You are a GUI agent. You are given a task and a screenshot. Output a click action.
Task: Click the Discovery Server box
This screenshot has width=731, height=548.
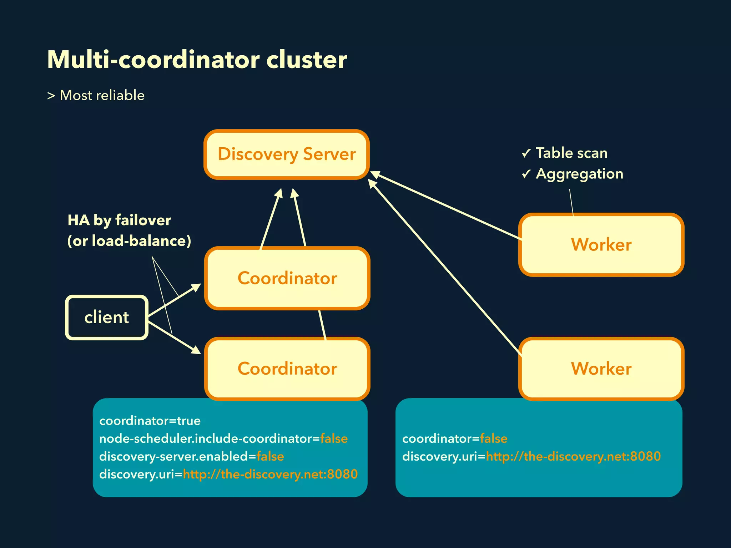click(x=287, y=154)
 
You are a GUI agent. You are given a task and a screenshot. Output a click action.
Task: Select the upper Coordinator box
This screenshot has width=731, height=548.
click(x=287, y=278)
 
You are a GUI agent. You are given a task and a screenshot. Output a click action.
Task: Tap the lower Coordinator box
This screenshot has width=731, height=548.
click(x=287, y=369)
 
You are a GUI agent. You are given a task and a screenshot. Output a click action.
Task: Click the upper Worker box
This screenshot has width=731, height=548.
click(x=601, y=245)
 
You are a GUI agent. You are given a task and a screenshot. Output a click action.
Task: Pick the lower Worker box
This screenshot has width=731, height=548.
click(x=601, y=369)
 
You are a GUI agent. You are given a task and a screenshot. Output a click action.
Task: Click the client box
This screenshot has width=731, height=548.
click(x=106, y=318)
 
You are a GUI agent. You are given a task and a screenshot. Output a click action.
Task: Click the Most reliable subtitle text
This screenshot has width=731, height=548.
click(x=102, y=96)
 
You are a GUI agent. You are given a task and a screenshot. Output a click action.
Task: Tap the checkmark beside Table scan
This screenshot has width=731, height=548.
click(x=526, y=153)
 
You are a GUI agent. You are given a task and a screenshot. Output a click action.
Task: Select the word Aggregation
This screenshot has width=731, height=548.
click(x=579, y=174)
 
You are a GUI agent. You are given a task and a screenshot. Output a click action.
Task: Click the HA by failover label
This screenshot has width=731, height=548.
click(x=119, y=220)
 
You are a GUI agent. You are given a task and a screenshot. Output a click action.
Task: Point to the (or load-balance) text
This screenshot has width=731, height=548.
click(x=129, y=241)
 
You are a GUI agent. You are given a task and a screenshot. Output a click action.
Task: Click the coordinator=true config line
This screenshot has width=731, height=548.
click(x=150, y=421)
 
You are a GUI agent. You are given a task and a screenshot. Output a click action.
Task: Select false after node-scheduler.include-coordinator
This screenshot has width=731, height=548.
click(x=334, y=438)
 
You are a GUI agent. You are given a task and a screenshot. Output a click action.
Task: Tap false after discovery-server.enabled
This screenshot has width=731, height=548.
click(x=270, y=456)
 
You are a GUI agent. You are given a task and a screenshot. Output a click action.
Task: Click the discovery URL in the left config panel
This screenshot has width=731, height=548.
click(x=270, y=474)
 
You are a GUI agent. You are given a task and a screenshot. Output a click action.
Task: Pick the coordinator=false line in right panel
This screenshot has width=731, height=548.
click(x=455, y=438)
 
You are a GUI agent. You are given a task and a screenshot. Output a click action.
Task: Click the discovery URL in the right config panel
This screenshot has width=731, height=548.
click(x=573, y=456)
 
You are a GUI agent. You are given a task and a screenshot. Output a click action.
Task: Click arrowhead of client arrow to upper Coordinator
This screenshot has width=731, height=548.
click(x=196, y=286)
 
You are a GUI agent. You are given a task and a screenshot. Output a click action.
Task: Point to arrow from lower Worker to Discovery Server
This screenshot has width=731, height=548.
click(x=443, y=266)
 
